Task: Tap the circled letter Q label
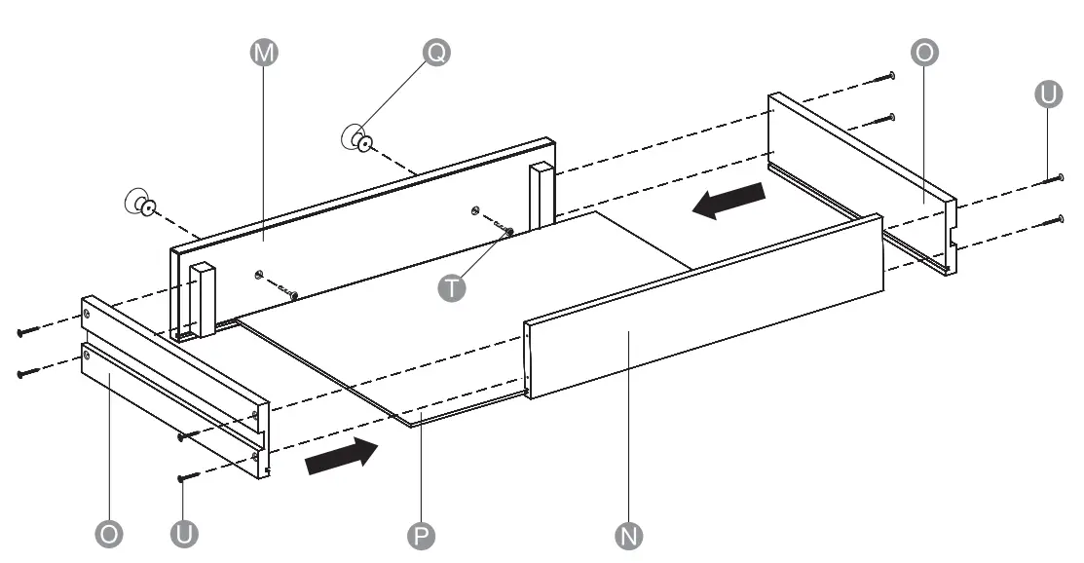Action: (435, 55)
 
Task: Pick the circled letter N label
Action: (630, 534)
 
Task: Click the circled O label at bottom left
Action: (109, 534)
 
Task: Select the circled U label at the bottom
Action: (183, 534)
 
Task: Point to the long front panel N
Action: (701, 312)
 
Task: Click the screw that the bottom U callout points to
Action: (187, 477)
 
